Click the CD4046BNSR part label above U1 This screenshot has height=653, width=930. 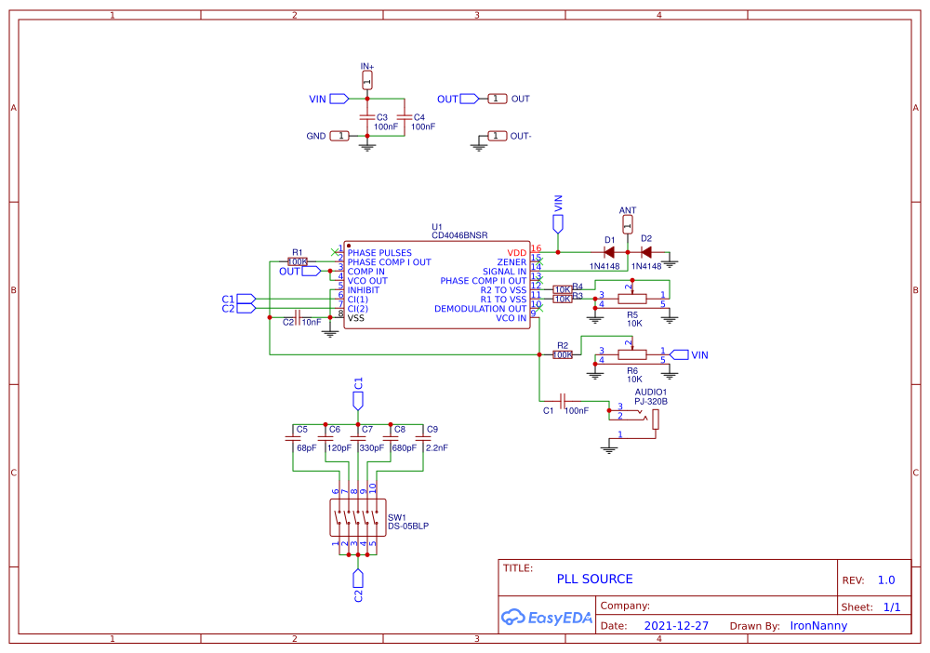[459, 236]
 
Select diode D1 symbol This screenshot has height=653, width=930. [609, 252]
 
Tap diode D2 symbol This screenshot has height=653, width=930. [644, 252]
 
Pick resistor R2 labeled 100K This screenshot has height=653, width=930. [563, 354]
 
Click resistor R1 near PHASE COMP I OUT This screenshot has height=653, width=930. [298, 262]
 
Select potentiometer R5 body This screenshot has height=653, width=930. [632, 300]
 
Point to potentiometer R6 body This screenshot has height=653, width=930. [632, 354]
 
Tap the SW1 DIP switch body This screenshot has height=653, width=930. [358, 517]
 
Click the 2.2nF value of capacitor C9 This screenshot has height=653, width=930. [436, 447]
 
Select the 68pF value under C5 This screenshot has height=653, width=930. [306, 447]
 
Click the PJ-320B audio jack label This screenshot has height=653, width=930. [651, 402]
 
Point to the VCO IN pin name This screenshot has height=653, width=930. [511, 318]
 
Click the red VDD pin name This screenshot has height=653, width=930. [516, 253]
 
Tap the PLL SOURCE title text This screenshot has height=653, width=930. [594, 579]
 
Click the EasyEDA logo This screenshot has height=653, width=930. [547, 616]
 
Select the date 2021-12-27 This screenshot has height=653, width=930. [676, 626]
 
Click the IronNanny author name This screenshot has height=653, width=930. [818, 626]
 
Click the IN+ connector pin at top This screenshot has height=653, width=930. [366, 82]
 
